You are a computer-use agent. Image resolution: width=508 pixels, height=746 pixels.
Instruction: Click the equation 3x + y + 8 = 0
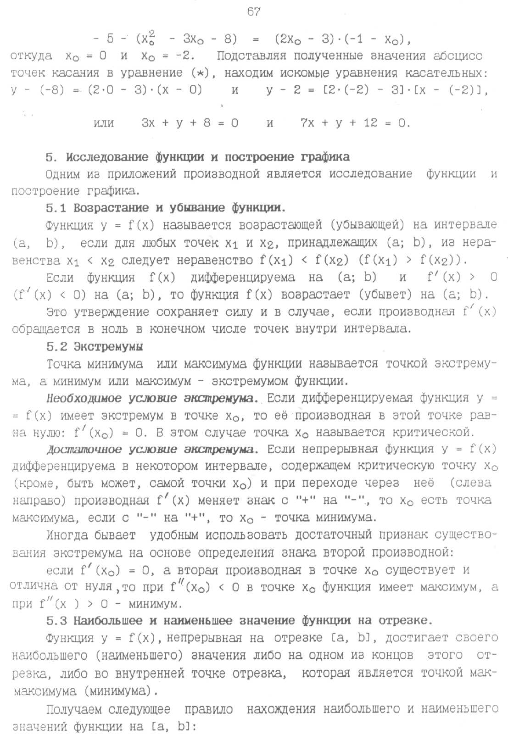tap(190, 123)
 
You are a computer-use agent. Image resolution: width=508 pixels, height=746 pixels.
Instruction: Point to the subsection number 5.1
tap(56, 208)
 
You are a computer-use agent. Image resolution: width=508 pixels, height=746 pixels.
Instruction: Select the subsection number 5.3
tap(56, 621)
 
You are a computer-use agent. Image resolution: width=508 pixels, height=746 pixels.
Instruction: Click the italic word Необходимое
tap(84, 398)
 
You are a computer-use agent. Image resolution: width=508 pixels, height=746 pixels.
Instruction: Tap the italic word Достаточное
tap(84, 449)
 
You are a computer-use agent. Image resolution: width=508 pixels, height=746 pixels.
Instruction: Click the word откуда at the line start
tap(31, 56)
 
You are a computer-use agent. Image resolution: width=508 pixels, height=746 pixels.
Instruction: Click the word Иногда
tap(67, 535)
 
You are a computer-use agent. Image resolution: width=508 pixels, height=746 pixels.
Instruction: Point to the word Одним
tap(63, 174)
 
